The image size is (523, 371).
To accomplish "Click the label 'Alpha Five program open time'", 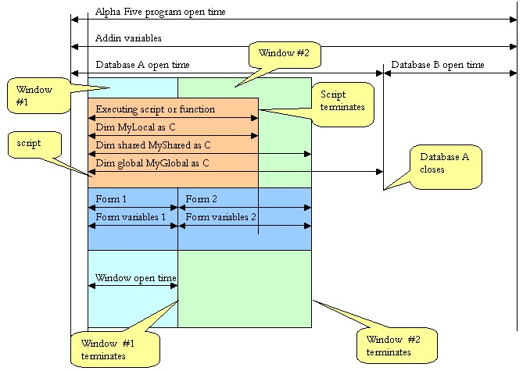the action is (160, 12).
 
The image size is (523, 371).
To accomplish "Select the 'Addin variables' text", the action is (128, 38).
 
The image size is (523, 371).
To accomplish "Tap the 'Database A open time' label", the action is (142, 65).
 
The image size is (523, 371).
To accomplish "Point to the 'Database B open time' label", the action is (437, 65).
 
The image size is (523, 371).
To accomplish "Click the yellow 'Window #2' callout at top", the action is (285, 55).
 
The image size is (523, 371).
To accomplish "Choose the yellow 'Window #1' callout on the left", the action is (38, 95).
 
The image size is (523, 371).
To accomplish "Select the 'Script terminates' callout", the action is (342, 105).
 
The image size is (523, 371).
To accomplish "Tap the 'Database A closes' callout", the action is (446, 166).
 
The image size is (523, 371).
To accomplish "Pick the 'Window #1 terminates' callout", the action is (115, 349).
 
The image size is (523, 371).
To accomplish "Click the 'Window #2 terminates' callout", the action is (396, 345).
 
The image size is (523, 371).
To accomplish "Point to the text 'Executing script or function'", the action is (155, 109).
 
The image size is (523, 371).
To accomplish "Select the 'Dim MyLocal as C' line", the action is (135, 127).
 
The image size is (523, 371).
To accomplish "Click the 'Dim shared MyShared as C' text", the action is (153, 145).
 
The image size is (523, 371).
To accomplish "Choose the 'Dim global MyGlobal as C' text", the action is (152, 163).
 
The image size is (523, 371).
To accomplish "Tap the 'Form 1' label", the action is (111, 199).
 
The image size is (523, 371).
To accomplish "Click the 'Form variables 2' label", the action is (220, 217).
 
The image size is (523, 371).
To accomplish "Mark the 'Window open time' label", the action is (136, 278).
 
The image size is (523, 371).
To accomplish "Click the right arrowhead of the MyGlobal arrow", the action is (380, 172).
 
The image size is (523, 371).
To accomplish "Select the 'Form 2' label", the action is (201, 199).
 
